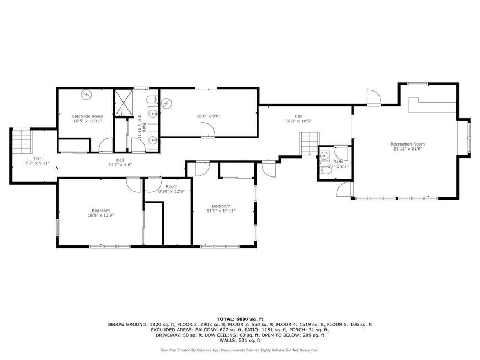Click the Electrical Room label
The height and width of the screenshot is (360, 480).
point(87,116)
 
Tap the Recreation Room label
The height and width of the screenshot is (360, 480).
point(408,144)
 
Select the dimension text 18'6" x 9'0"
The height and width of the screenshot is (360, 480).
point(209,116)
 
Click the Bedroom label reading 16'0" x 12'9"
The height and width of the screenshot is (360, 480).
point(101,213)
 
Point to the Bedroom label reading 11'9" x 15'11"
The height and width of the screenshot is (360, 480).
point(221,208)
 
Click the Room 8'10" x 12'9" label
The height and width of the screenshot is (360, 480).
point(172,189)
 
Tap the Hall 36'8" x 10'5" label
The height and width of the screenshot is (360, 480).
point(298,119)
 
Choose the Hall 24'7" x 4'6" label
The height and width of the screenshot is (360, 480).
point(120,162)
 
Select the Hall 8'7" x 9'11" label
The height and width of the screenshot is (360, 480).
point(38,160)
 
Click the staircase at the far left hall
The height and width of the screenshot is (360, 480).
point(23,142)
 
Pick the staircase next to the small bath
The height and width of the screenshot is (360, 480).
point(310,144)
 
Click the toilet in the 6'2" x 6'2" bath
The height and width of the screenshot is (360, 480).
point(325,170)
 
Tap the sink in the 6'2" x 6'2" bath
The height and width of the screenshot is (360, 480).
point(324,155)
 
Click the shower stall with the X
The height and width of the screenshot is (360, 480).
point(124,104)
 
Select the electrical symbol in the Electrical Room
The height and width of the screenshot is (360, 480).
point(86,95)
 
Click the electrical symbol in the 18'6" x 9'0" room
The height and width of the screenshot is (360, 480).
point(167,103)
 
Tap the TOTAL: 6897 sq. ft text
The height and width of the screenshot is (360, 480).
point(239,319)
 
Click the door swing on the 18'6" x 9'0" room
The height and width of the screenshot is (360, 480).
point(208,130)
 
